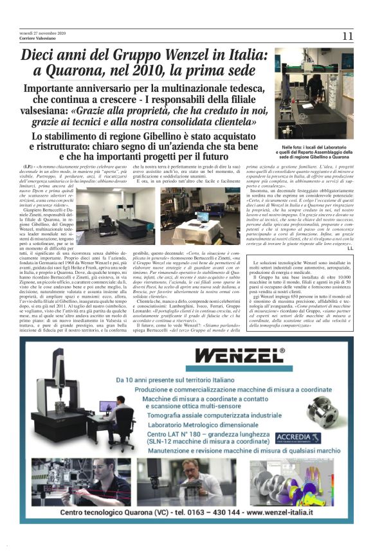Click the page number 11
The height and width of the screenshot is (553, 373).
coord(347,36)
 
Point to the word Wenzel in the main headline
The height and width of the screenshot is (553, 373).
coord(181,55)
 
